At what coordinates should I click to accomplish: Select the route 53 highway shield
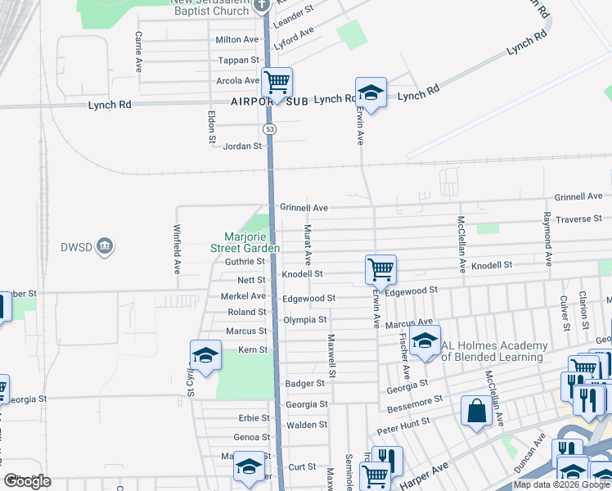269,129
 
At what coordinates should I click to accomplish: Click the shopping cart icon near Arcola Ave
277,82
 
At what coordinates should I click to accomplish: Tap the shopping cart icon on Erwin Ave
380,268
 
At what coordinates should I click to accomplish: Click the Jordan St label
242,146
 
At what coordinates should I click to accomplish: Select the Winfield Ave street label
177,250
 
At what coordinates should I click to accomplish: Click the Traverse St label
578,218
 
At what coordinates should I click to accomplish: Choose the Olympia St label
305,319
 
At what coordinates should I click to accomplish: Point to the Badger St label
305,383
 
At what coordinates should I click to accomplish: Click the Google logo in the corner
27,481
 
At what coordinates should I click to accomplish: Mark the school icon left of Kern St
205,354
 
